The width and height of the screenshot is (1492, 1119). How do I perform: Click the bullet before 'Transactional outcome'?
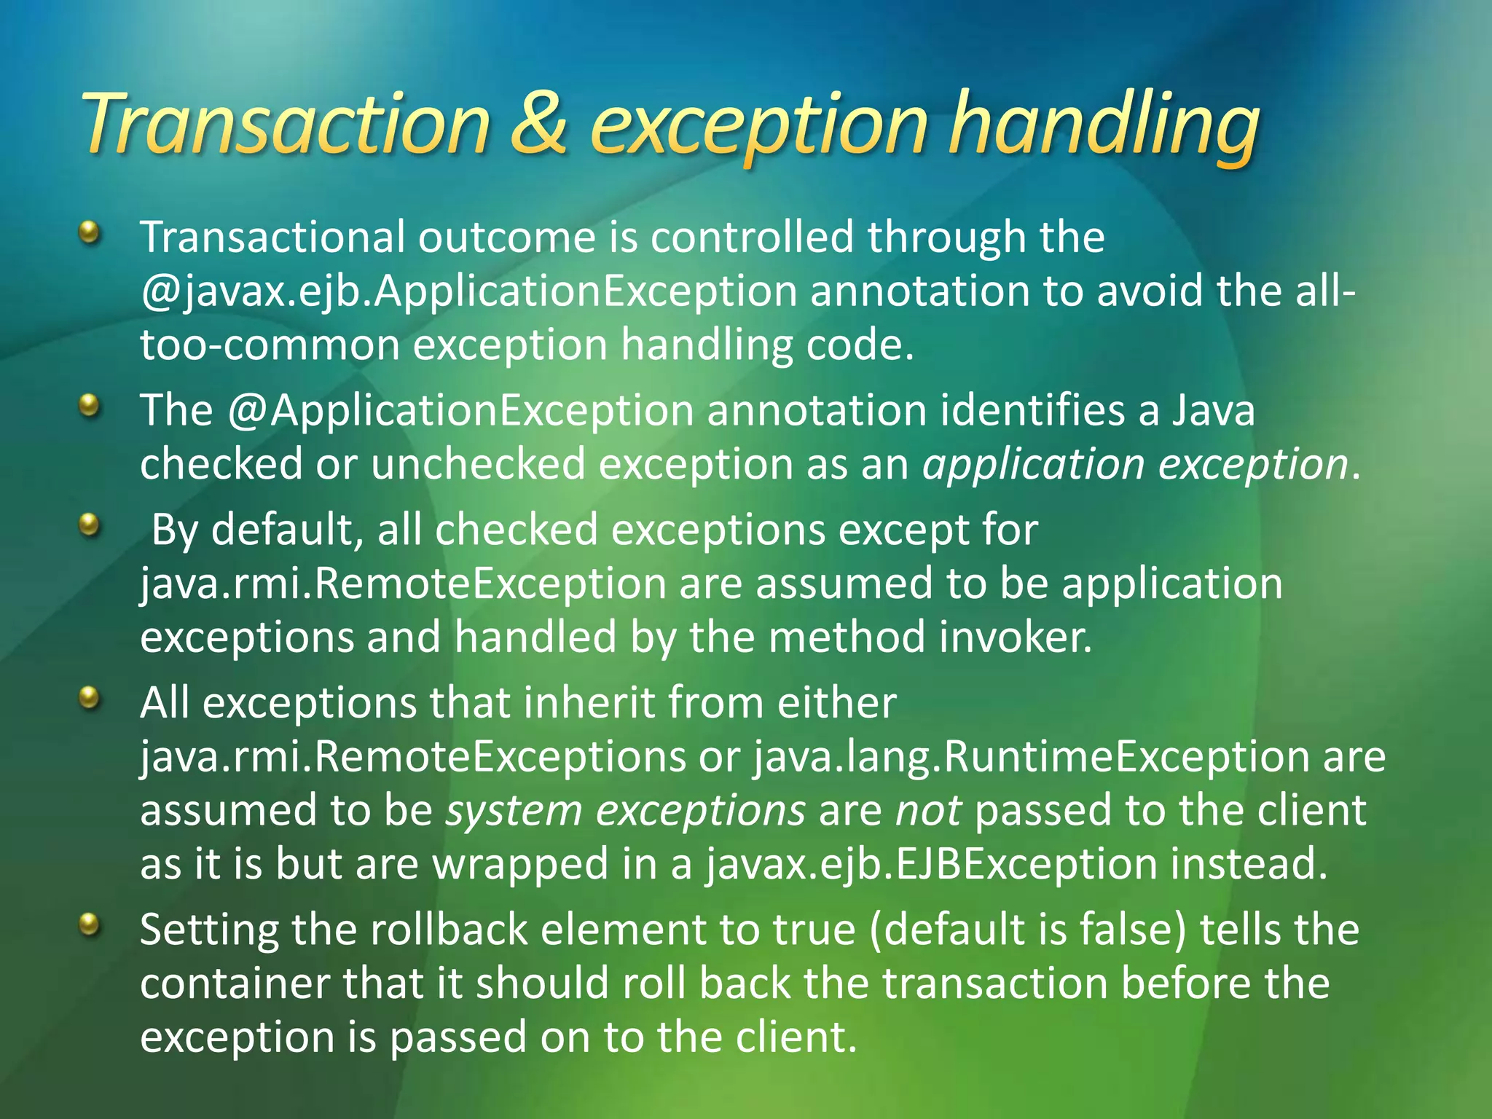click(x=89, y=233)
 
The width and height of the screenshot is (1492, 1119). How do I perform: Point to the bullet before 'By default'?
click(x=89, y=525)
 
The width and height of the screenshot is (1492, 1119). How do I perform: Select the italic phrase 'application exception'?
click(x=1135, y=464)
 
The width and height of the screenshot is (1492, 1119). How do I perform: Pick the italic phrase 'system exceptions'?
click(x=626, y=810)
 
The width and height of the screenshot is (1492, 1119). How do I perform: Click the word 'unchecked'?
click(x=478, y=464)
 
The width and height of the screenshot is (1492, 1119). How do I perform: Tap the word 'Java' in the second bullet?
click(x=1214, y=410)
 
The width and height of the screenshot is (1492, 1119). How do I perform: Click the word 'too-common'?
click(x=270, y=345)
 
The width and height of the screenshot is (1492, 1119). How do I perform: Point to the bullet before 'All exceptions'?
click(x=89, y=699)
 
